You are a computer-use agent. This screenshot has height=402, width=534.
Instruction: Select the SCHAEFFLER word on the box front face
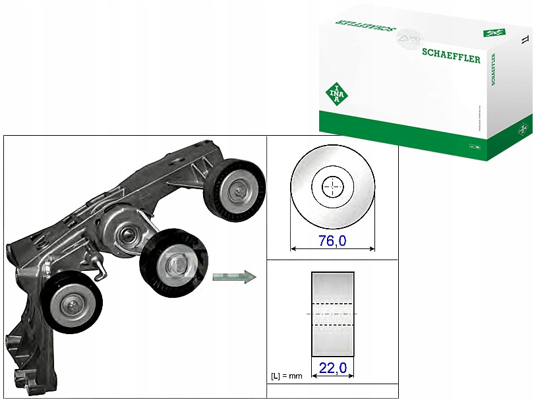click(x=452, y=58)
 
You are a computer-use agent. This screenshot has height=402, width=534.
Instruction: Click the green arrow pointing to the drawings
click(x=234, y=277)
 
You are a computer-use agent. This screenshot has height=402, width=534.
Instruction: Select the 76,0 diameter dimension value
click(x=332, y=241)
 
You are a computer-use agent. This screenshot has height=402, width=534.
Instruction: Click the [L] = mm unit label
click(x=287, y=376)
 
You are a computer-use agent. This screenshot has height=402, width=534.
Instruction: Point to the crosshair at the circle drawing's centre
click(x=333, y=187)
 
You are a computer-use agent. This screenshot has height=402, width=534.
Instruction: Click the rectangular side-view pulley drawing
click(x=332, y=314)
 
